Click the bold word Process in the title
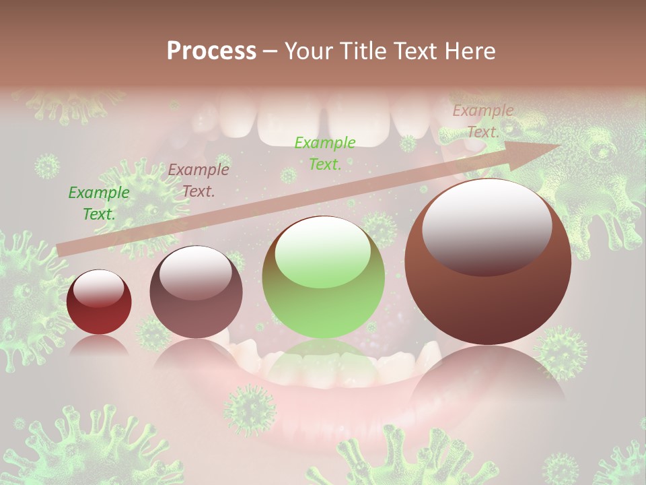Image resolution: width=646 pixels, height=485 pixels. coord(211,51)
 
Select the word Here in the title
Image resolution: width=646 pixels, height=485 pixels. coord(469,51)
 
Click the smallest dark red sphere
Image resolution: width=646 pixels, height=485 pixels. coord(99,302)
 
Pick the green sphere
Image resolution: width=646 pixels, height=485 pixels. coord(324,278)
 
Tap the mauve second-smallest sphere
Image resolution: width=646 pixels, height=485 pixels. coord(196,292)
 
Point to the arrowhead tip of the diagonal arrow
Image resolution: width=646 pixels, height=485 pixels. coord(560,145)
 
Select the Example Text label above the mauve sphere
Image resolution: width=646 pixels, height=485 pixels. coord(199,181)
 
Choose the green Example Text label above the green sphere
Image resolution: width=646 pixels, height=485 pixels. coord(325,153)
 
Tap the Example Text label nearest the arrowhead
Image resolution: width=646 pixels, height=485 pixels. coord(483,121)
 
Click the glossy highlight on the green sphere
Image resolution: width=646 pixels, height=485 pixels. coord(323,251)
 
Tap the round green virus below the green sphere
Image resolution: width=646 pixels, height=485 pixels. coord(250,408)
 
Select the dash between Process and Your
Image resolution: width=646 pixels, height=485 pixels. coord(270,51)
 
